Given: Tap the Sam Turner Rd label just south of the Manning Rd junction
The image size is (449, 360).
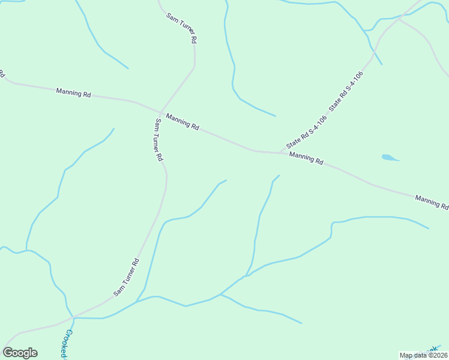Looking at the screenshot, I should click(x=159, y=140).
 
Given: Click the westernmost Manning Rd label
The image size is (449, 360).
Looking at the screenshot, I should click(x=73, y=92).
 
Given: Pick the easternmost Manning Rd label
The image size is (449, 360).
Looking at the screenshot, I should click(x=432, y=202).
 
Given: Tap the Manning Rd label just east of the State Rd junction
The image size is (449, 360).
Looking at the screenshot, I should click(x=306, y=158).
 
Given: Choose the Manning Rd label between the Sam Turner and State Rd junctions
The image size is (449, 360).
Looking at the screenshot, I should click(x=182, y=122).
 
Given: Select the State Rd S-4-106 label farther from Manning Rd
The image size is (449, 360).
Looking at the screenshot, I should click(x=346, y=91).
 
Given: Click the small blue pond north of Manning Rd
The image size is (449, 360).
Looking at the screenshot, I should click(x=390, y=158).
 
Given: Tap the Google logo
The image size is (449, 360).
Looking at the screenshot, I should click(x=20, y=352).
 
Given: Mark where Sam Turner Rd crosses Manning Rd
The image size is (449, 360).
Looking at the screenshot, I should click(x=160, y=112).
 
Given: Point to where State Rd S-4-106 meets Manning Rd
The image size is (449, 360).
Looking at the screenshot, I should click(x=278, y=153).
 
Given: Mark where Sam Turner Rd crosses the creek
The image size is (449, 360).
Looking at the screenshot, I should click(x=73, y=317).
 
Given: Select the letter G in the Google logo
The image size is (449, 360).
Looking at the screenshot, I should click(x=8, y=352).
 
